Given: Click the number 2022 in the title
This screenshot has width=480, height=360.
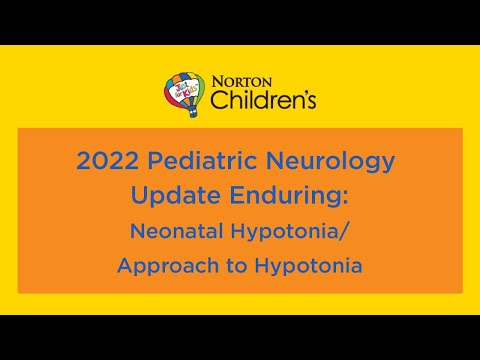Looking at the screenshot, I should (106, 160).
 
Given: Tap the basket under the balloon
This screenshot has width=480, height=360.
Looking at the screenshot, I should (185, 115).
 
